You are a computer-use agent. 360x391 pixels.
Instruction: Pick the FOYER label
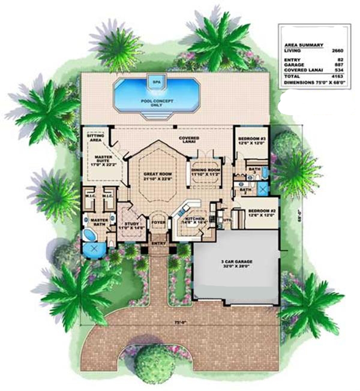[x=158, y=222]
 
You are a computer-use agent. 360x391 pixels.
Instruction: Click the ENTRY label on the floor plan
[x=158, y=243]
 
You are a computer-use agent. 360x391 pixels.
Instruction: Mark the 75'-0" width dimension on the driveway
[x=178, y=323]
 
